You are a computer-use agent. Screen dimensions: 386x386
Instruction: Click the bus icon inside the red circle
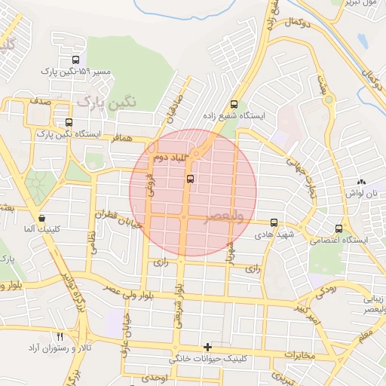click(x=189, y=179)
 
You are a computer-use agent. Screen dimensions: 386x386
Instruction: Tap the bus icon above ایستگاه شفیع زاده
click(x=234, y=105)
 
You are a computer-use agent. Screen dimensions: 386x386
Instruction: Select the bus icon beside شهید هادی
click(x=274, y=223)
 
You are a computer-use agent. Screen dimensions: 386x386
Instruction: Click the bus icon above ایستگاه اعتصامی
click(x=338, y=228)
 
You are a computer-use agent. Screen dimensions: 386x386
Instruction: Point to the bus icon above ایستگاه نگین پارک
click(x=69, y=122)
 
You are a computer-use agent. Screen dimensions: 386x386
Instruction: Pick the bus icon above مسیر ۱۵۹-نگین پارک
click(x=75, y=60)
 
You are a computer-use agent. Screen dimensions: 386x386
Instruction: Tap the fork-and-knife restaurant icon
click(x=60, y=335)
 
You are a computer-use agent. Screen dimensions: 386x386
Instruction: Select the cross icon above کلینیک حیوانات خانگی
click(x=207, y=347)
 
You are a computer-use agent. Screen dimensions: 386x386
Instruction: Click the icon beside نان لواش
click(x=361, y=182)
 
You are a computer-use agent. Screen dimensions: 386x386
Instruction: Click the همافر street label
click(x=121, y=139)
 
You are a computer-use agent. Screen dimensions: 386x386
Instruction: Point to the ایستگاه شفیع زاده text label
click(x=237, y=117)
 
